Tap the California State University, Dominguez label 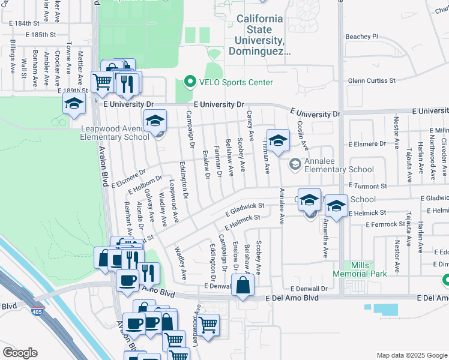[x=259, y=35]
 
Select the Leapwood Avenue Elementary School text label [x=115, y=132]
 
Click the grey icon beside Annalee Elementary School [x=295, y=164]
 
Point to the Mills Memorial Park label [x=368, y=269]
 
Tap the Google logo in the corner [x=20, y=353]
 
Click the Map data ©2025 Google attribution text [x=412, y=355]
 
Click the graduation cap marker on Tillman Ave [x=278, y=140]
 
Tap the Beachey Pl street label [x=363, y=37]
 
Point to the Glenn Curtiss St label [x=372, y=80]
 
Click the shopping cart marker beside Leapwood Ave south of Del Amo [x=208, y=325]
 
